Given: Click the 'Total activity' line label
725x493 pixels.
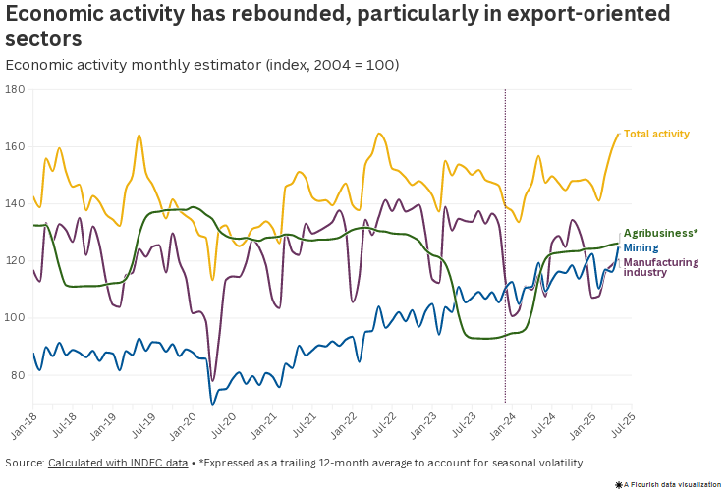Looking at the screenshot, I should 656,134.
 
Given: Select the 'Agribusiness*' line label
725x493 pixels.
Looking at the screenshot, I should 660,233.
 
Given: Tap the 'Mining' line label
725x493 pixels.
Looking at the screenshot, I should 641,247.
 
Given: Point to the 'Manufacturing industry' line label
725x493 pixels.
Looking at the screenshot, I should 661,267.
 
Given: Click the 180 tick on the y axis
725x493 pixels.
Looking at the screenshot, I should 15,89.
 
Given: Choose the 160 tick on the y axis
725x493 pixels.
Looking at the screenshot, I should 15,146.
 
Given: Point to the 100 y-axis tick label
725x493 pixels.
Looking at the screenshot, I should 15,318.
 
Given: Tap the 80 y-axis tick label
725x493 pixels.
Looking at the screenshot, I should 18,375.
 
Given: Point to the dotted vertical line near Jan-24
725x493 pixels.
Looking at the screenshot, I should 505,246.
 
